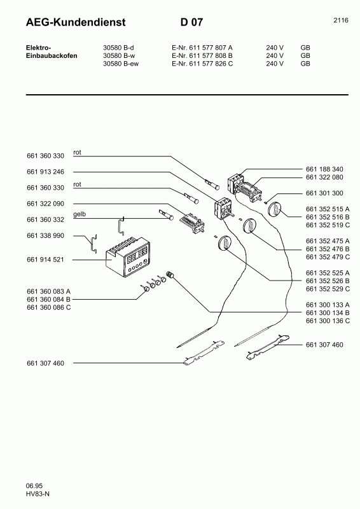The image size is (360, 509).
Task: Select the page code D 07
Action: tap(192, 23)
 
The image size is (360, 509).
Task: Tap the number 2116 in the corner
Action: tap(340, 20)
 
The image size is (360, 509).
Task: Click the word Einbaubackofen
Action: tap(52, 55)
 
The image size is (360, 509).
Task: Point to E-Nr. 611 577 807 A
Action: tap(202, 47)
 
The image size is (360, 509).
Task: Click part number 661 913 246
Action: tap(46, 172)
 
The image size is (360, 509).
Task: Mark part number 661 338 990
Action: tap(46, 235)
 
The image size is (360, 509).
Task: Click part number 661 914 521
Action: tap(46, 260)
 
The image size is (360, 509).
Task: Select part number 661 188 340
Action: tap(324, 169)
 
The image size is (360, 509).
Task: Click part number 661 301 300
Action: tap(324, 193)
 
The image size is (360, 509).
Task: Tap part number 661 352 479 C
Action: tap(327, 257)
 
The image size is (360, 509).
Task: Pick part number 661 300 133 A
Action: tap(327, 305)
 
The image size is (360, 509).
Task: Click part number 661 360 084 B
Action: tap(49, 299)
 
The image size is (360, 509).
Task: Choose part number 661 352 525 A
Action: tap(327, 273)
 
